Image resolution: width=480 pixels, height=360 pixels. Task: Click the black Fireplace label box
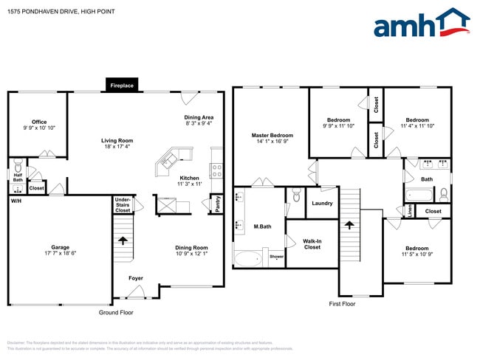pos(122,86)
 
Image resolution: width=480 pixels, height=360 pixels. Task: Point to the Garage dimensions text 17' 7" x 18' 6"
pos(60,253)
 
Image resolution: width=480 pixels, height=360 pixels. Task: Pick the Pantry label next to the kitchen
pos(218,204)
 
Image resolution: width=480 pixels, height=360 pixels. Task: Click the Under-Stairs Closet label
pos(123,205)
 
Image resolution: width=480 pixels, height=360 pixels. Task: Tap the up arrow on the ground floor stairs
pos(123,240)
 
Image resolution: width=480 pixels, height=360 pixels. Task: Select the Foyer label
pos(135,278)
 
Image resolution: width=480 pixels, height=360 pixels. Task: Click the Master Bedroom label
pos(272,135)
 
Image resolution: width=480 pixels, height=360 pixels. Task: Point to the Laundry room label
pos(322,203)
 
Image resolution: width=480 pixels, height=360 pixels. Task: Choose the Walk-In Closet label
pos(312,244)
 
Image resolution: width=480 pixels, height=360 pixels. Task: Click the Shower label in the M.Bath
pos(276,257)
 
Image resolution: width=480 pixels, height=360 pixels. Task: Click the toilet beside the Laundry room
pos(296,196)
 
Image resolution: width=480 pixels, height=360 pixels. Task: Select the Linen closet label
pos(410,211)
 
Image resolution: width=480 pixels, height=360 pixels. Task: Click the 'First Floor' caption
pos(342,303)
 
